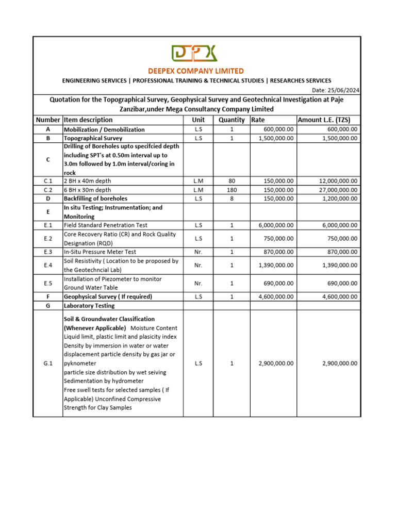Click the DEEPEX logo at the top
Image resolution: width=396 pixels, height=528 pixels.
point(194,54)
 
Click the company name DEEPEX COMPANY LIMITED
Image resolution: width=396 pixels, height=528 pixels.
point(196,71)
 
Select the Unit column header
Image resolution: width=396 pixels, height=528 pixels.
point(198,120)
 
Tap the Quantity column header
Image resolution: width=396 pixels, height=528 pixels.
point(232,120)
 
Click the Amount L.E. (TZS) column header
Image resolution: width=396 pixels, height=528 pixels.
point(324,120)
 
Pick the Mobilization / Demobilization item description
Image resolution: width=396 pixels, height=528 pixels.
point(104,129)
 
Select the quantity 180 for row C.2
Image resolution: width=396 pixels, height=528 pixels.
point(232,190)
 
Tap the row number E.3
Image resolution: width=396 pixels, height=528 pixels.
point(48,252)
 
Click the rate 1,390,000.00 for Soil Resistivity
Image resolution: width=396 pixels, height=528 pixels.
point(276,265)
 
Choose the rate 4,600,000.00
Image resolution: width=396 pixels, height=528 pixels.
point(276,296)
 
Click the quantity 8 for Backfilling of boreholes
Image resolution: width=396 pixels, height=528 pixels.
point(232,199)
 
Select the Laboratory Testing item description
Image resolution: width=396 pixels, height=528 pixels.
point(90,306)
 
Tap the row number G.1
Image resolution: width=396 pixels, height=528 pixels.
point(48,364)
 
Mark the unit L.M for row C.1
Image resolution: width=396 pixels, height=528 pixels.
point(198,181)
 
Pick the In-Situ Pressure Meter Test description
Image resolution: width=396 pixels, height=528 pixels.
point(100,252)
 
